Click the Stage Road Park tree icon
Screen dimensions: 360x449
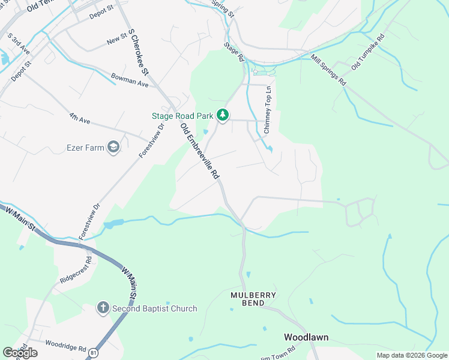(223, 114)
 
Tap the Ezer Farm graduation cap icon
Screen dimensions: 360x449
(113, 147)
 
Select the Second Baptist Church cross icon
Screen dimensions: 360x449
(103, 308)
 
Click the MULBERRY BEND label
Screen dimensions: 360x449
(254, 299)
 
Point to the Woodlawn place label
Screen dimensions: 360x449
(306, 337)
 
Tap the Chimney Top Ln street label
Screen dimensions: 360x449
(268, 107)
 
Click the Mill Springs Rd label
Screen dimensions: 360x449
(328, 70)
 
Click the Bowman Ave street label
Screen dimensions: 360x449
(130, 80)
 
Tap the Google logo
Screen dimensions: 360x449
(20, 353)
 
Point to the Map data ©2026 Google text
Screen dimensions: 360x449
(411, 355)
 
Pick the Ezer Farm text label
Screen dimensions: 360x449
(85, 147)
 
